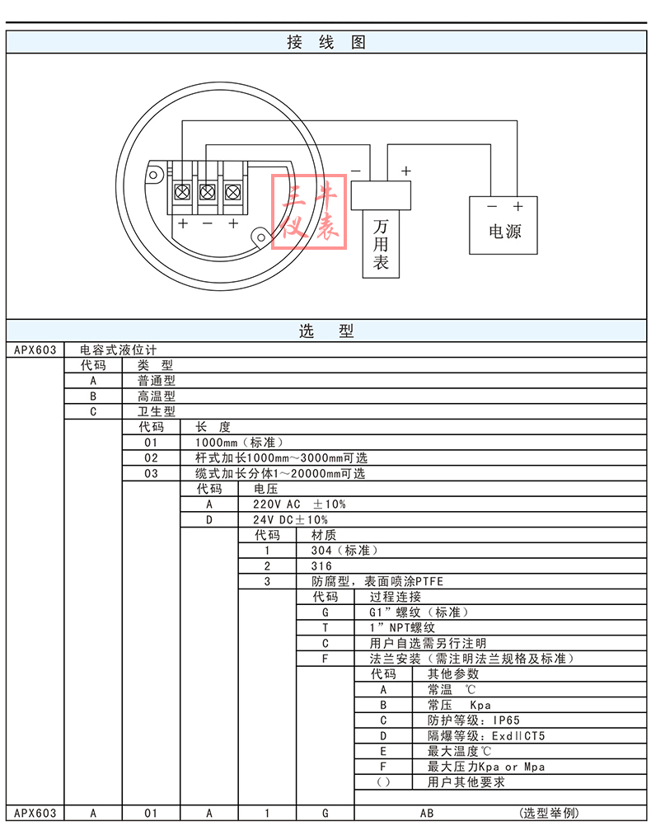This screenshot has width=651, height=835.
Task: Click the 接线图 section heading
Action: tap(325, 43)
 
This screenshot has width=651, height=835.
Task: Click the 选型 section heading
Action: tap(325, 331)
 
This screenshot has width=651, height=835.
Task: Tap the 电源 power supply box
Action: tap(503, 225)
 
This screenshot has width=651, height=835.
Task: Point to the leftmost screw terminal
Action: tap(182, 194)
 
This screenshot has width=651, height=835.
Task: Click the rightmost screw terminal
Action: tap(233, 194)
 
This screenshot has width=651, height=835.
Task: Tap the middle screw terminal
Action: tap(208, 194)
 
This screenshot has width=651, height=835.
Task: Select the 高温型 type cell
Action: tap(157, 396)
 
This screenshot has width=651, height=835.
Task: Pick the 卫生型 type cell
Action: tap(157, 411)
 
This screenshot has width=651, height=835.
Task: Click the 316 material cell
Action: tap(322, 566)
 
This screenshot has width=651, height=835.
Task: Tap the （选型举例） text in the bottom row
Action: tap(550, 813)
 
